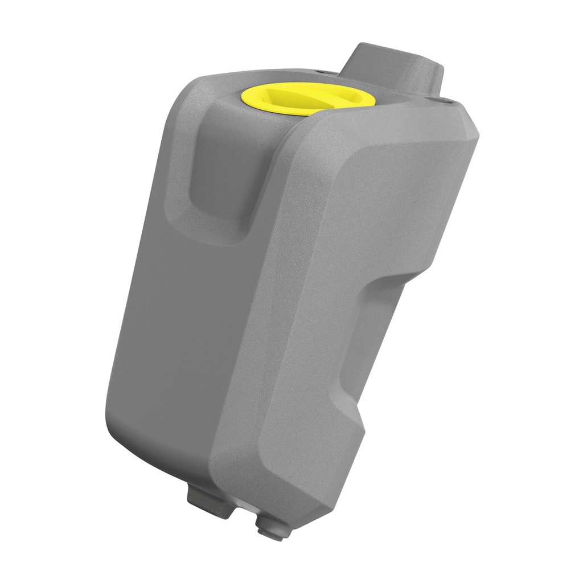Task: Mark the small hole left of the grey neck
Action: click(319, 72)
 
